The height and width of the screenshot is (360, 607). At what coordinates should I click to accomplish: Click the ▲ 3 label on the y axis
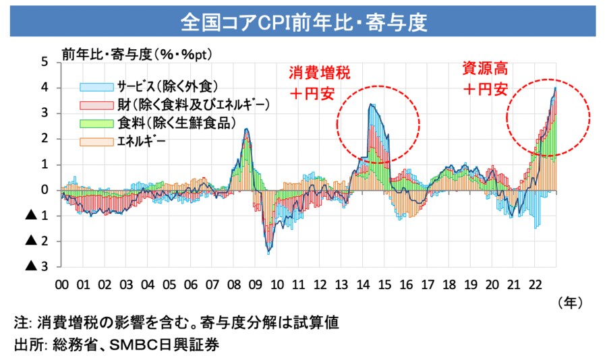click(38, 267)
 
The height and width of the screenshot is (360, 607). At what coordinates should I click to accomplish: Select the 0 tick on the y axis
click(45, 190)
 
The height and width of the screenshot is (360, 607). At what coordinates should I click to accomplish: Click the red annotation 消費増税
click(320, 72)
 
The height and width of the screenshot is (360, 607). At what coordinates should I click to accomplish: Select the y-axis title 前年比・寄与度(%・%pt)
click(138, 52)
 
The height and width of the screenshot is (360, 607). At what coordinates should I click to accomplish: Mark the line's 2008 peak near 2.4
click(247, 129)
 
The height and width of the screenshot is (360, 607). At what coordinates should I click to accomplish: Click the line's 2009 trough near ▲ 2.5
click(268, 253)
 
